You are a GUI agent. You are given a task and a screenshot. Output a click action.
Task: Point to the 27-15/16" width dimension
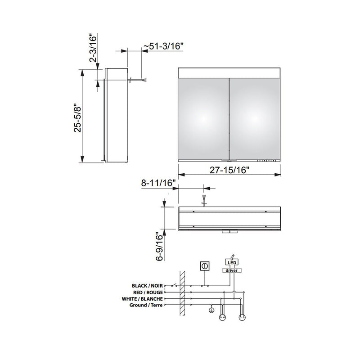(230, 170)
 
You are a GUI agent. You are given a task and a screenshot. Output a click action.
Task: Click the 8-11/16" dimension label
(157, 183)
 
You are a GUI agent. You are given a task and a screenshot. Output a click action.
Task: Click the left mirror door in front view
(204, 118)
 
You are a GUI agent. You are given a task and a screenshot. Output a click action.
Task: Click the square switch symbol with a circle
(205, 266)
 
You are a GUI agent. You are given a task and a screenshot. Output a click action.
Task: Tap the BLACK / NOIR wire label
(147, 285)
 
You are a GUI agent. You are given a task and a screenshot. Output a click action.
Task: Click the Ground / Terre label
(147, 305)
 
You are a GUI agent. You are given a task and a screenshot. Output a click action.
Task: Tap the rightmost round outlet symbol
(242, 317)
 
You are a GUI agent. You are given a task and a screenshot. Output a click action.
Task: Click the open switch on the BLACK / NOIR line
(169, 285)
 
